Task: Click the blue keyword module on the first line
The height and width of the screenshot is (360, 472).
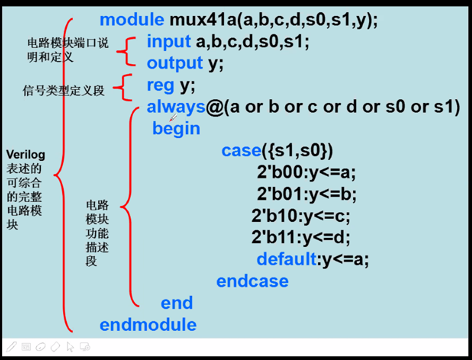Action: (x=132, y=20)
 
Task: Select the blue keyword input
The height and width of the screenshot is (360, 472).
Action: (x=168, y=41)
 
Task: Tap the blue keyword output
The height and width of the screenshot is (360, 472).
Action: (x=175, y=63)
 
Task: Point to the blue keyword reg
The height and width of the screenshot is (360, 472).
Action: (x=160, y=85)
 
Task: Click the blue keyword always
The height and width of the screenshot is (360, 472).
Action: (x=176, y=107)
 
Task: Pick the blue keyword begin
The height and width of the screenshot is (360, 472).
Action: (x=176, y=128)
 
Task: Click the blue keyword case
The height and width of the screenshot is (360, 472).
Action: (x=241, y=151)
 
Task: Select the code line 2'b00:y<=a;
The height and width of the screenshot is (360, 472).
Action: (x=307, y=173)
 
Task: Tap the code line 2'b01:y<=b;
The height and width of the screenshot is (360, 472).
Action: (x=307, y=194)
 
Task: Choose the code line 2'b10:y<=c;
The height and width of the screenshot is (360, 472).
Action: (x=301, y=216)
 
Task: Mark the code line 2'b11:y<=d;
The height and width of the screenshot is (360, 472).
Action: (x=301, y=237)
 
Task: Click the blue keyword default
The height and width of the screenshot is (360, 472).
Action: (x=287, y=259)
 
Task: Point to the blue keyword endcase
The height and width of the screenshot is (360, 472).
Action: (x=252, y=281)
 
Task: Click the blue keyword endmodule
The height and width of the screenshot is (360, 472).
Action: (x=148, y=324)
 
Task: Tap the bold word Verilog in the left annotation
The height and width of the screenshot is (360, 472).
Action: (x=25, y=155)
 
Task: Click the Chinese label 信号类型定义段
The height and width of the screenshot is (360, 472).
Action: (x=64, y=91)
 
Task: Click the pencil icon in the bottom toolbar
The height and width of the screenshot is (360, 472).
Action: (x=11, y=347)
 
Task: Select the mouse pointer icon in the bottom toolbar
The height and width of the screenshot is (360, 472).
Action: (x=70, y=347)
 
